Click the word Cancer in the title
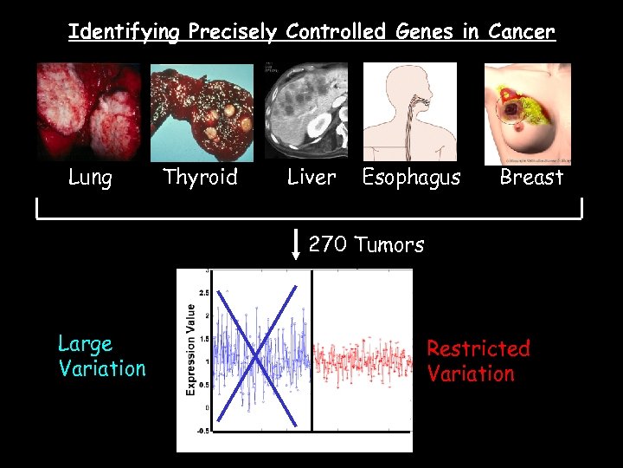(x=521, y=32)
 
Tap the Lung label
(x=90, y=178)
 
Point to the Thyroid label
(x=200, y=178)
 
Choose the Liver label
(x=311, y=178)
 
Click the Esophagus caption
(x=411, y=178)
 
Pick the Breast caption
(x=531, y=178)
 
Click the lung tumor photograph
(x=88, y=112)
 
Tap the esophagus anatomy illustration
(x=409, y=112)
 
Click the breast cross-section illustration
(x=527, y=113)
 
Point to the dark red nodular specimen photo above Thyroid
(x=202, y=112)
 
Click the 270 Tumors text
(x=366, y=245)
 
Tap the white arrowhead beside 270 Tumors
(x=296, y=255)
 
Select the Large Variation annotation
(x=102, y=356)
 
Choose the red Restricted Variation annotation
(x=478, y=361)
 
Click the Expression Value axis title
(x=191, y=349)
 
